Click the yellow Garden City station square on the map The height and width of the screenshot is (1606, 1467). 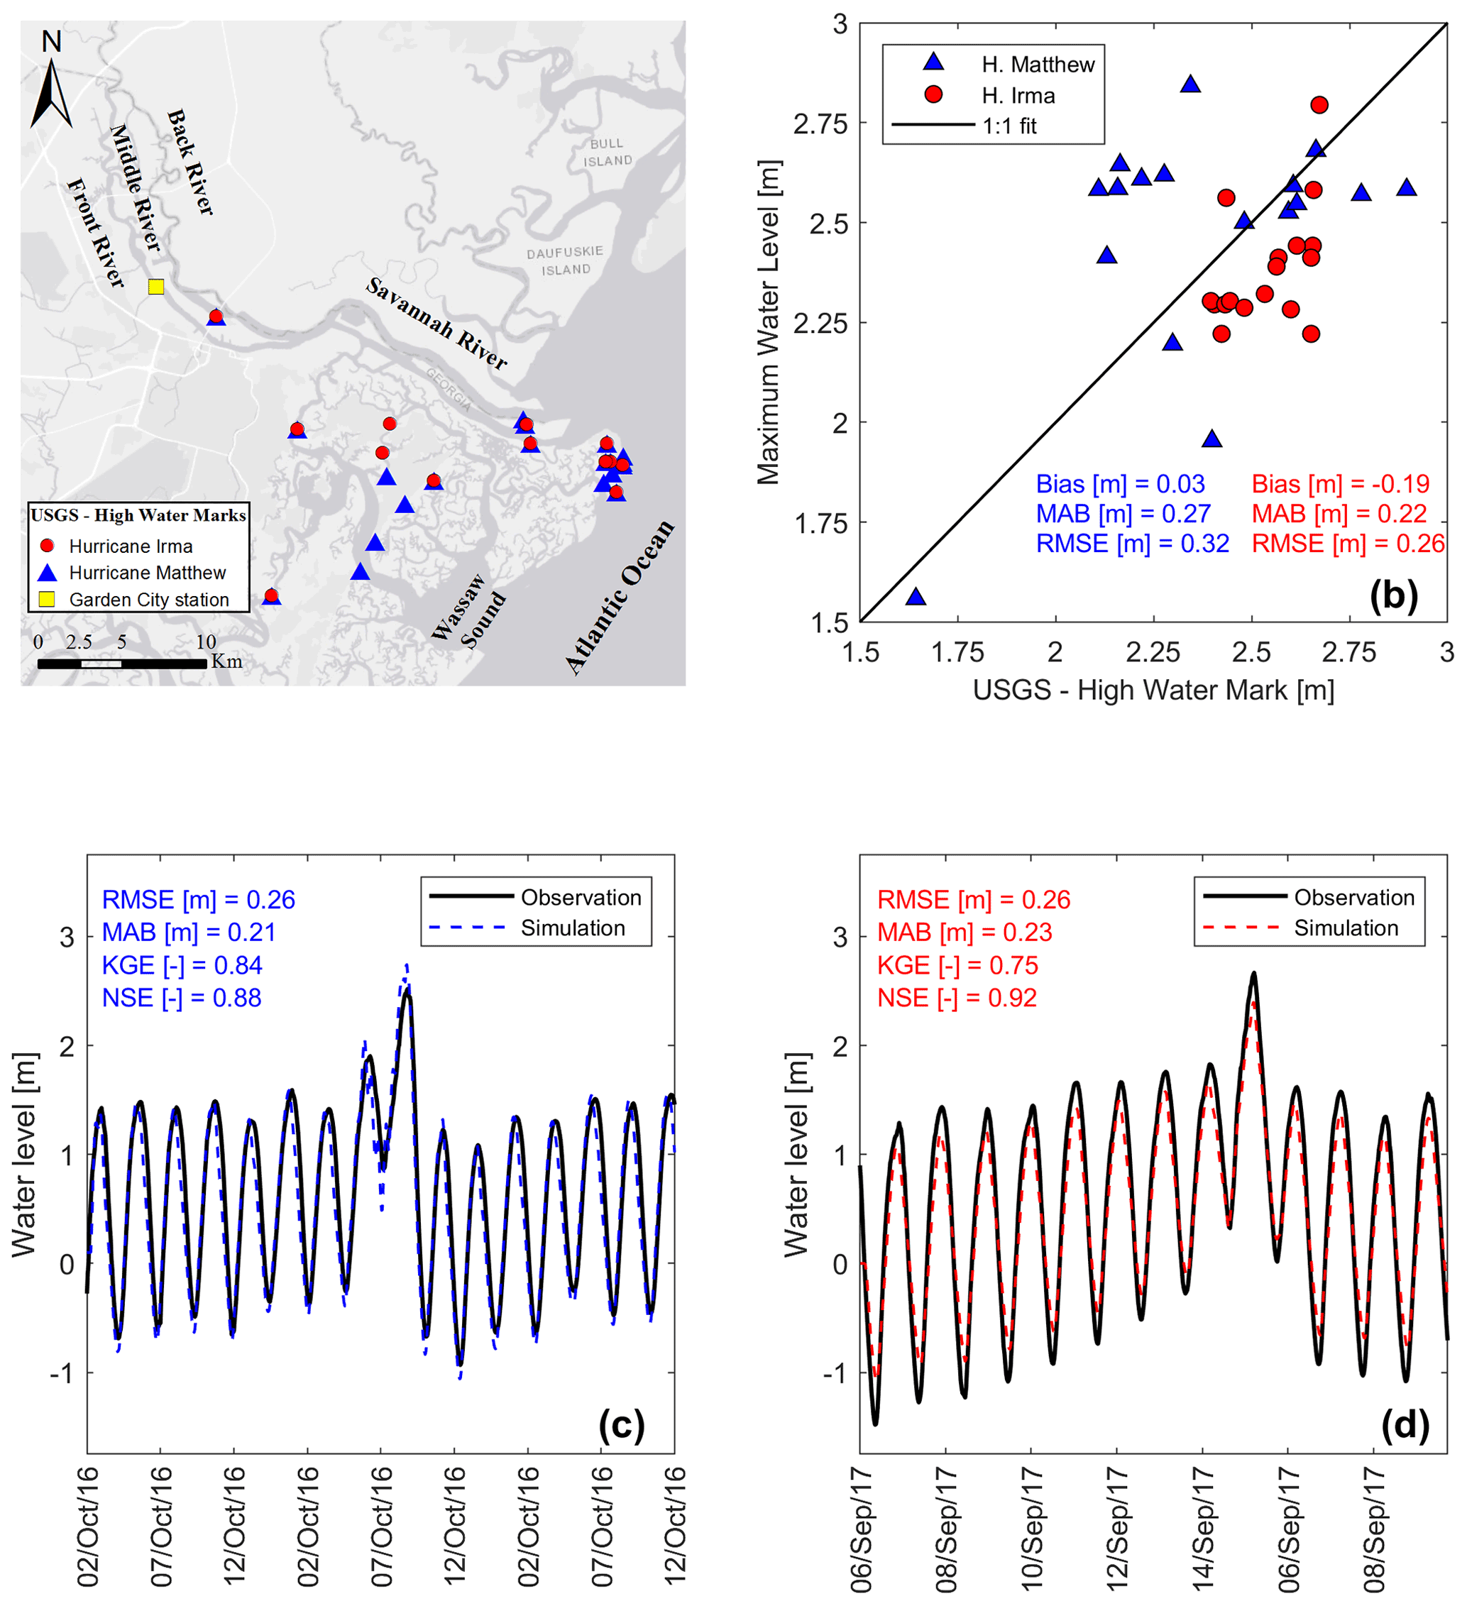click(156, 287)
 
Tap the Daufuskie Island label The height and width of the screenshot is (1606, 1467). click(565, 260)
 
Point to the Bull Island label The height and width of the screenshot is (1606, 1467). click(608, 152)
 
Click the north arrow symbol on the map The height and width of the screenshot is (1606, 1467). click(52, 92)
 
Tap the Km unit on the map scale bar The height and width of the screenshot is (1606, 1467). click(226, 661)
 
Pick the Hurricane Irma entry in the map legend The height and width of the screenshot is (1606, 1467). click(131, 546)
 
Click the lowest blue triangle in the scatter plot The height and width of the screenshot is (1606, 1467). click(916, 597)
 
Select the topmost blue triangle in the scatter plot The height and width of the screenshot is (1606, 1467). click(1189, 84)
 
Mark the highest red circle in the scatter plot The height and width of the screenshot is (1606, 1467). click(1319, 105)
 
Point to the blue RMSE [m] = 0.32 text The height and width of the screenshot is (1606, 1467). click(1131, 544)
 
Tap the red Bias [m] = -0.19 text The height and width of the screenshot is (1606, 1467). click(1340, 483)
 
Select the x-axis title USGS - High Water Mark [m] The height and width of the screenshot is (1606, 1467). click(1153, 690)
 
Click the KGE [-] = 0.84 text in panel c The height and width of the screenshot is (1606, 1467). click(182, 964)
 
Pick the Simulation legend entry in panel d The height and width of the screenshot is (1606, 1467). click(1345, 928)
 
